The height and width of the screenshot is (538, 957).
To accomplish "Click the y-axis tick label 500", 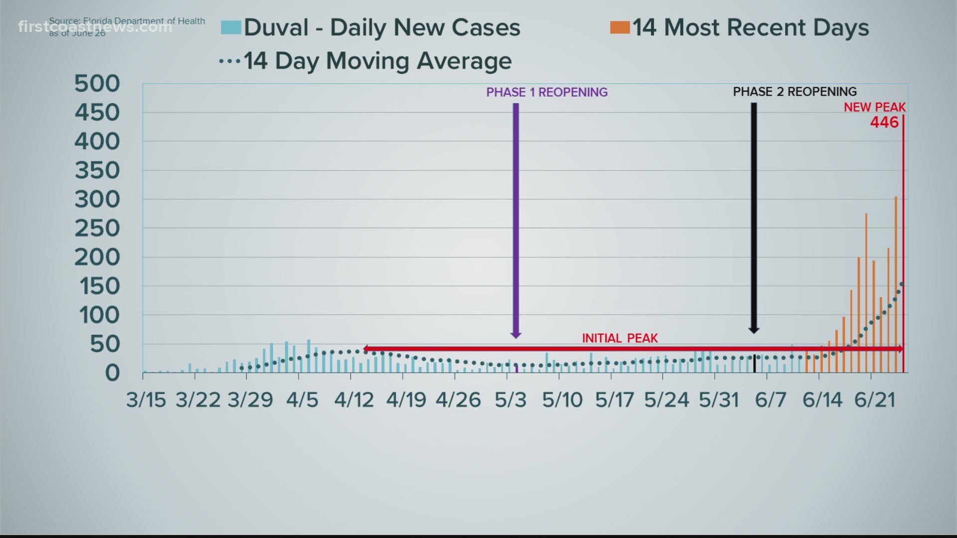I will [x=97, y=83].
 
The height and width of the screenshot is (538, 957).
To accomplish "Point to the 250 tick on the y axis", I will [x=97, y=229].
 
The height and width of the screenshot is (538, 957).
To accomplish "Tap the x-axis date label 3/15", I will [x=146, y=400].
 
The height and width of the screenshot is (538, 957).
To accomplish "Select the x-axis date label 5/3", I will [x=510, y=400].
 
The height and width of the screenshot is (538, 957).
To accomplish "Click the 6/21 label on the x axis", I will [x=875, y=400].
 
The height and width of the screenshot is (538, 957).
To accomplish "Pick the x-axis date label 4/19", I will [x=406, y=400].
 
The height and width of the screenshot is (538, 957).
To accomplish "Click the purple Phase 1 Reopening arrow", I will [x=516, y=219].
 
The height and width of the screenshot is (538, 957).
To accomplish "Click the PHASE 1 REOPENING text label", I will [x=547, y=92].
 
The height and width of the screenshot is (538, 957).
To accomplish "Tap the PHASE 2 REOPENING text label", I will [x=795, y=92].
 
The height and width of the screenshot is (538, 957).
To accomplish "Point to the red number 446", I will [x=884, y=123].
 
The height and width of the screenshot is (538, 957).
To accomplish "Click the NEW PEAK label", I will [x=874, y=107].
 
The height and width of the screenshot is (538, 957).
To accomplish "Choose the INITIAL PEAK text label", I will [x=620, y=338].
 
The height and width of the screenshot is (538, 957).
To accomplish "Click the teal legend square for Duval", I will [x=231, y=27].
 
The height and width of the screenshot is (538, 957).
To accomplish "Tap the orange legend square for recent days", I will [x=620, y=27].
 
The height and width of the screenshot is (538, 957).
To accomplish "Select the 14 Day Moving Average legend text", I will [x=377, y=61].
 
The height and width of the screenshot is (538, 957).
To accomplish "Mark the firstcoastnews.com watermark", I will [x=95, y=27].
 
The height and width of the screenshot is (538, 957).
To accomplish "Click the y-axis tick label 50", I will [x=105, y=344].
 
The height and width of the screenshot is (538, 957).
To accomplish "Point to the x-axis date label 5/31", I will [x=718, y=400].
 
